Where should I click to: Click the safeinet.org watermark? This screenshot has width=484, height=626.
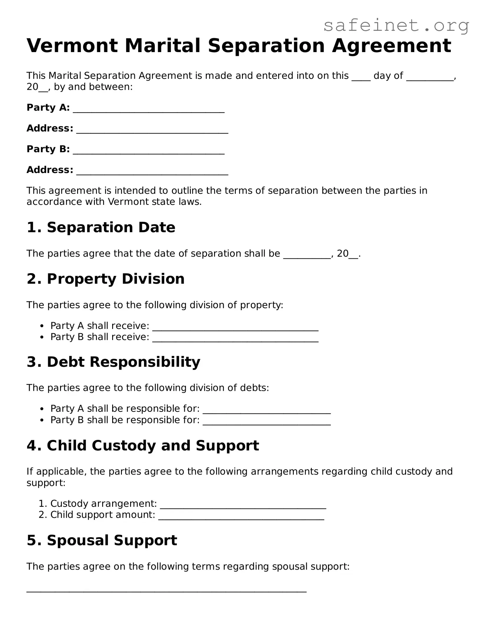pos(396,26)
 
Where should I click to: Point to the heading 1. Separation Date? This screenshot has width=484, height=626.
pos(101,228)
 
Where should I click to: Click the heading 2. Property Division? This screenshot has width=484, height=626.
pos(106,279)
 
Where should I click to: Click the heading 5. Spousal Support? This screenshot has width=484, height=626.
pos(102,540)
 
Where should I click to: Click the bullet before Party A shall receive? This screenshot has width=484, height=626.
pos(42,326)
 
